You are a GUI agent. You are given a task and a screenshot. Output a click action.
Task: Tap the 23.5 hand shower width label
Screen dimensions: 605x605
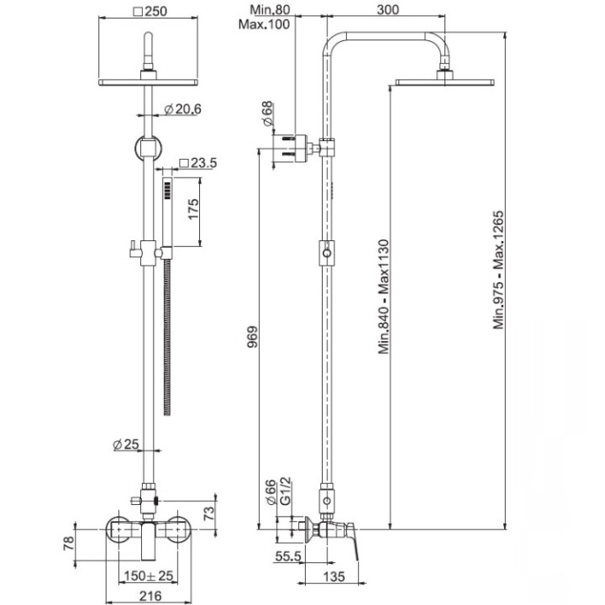coord(198,163)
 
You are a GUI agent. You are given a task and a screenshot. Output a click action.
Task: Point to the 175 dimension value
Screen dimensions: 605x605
coord(192,209)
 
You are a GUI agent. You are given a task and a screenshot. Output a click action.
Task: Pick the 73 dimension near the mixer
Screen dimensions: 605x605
coord(209,509)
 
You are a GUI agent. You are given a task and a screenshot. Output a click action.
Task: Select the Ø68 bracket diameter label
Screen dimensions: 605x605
coord(268,113)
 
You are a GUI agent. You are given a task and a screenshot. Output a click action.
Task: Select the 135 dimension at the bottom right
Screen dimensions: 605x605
coord(335,576)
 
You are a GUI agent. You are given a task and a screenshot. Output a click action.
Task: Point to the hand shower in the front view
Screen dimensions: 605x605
coord(166,210)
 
